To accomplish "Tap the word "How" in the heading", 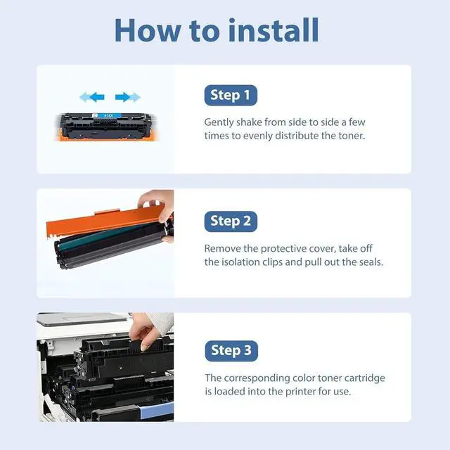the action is click(x=148, y=30).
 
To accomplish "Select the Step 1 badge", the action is click(x=231, y=96).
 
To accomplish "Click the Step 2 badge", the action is click(x=231, y=221).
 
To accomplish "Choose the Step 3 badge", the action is click(x=231, y=351).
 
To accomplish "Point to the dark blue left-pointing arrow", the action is click(x=97, y=97).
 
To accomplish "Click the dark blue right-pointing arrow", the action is click(x=122, y=97).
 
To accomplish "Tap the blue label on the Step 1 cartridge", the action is click(x=106, y=115).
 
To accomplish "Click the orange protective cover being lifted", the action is click(x=105, y=221).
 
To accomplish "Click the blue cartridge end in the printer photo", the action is click(x=157, y=411).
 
